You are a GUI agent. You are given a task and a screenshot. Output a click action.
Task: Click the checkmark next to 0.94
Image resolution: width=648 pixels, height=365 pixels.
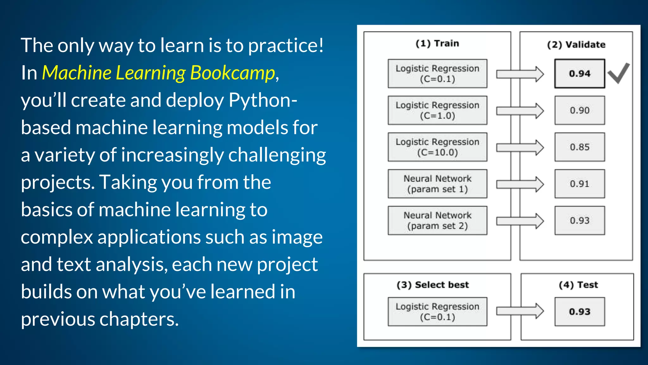click(619, 73)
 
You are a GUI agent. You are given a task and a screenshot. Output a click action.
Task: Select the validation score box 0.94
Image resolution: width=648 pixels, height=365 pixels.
click(580, 74)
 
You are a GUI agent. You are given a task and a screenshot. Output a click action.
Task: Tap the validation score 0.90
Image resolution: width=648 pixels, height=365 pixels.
click(580, 110)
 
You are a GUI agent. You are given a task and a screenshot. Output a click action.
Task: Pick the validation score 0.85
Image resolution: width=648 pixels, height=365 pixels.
click(580, 147)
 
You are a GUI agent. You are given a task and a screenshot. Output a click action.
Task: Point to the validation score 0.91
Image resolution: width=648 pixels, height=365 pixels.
click(580, 184)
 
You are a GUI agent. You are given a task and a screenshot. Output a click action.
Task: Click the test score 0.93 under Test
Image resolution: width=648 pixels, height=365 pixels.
click(580, 311)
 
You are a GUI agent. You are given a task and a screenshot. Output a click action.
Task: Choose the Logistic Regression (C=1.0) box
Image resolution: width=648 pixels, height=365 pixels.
click(437, 110)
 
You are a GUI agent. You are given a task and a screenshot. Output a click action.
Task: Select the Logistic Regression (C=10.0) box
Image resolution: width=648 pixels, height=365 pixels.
click(437, 147)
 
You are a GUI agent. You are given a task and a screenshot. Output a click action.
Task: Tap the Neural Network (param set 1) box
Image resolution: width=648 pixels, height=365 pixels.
click(437, 184)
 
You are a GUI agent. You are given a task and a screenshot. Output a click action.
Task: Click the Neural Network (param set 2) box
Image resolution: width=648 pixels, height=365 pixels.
click(437, 221)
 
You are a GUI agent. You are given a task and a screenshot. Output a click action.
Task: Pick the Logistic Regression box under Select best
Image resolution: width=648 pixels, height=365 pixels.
click(437, 311)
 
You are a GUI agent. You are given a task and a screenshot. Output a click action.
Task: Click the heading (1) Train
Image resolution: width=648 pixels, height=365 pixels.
click(437, 43)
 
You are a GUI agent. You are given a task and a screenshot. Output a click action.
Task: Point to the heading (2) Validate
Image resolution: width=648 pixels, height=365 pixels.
click(576, 45)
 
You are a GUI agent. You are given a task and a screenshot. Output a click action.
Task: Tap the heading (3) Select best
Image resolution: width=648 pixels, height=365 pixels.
click(433, 285)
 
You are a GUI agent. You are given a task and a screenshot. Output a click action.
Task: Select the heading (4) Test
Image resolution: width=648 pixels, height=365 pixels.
click(578, 285)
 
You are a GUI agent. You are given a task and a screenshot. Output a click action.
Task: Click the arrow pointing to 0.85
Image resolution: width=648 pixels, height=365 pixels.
click(520, 147)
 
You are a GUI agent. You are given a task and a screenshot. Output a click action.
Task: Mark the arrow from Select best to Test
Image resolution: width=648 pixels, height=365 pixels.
click(520, 311)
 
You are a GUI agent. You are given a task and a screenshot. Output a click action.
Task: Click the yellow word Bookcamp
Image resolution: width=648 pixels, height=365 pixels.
click(233, 73)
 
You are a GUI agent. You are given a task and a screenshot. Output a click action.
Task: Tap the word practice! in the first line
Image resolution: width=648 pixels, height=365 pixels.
click(286, 46)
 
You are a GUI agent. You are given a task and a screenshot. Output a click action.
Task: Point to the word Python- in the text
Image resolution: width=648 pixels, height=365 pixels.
click(263, 100)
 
